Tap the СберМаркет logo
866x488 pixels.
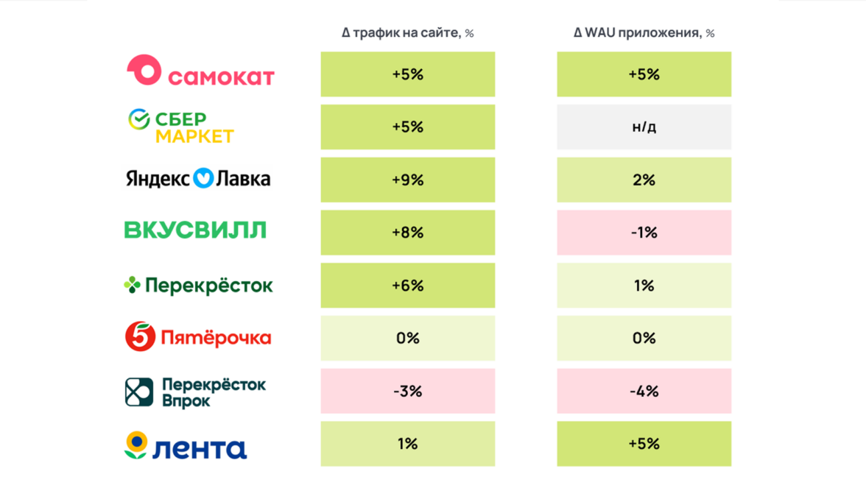pyautogui.click(x=180, y=127)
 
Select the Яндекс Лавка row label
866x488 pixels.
pyautogui.click(x=198, y=179)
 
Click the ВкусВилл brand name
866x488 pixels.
pyautogui.click(x=195, y=230)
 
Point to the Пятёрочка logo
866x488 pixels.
pyautogui.click(x=198, y=337)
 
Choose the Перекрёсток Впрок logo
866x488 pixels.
pyautogui.click(x=195, y=392)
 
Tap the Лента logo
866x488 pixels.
pyautogui.click(x=186, y=445)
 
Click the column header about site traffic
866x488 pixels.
pyautogui.click(x=407, y=33)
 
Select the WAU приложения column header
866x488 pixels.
pyautogui.click(x=644, y=33)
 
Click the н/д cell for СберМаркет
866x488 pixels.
pyautogui.click(x=644, y=127)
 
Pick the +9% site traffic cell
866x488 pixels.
pyautogui.click(x=407, y=180)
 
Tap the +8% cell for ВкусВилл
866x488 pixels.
pyautogui.click(x=407, y=233)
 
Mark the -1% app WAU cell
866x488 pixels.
pyautogui.click(x=644, y=233)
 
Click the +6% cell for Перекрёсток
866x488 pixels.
pyautogui.click(x=407, y=286)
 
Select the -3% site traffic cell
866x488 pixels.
pyautogui.click(x=407, y=391)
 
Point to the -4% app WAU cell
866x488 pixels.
pyautogui.click(x=644, y=391)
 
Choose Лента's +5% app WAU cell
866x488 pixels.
pyautogui.click(x=644, y=444)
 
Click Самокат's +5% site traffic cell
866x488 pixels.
pyautogui.click(x=407, y=74)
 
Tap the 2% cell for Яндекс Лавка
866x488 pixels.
pyautogui.click(x=644, y=180)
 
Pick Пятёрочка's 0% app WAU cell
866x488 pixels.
pyautogui.click(x=644, y=338)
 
